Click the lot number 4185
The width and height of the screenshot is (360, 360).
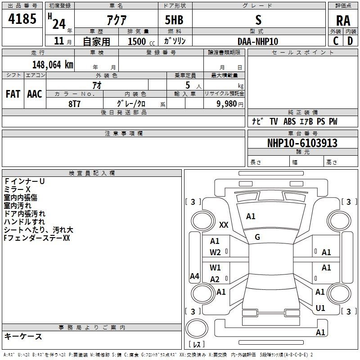[22, 19]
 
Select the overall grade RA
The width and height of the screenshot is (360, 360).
[343, 21]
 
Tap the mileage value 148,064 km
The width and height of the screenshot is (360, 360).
[53, 65]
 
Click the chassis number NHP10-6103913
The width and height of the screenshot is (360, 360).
[302, 143]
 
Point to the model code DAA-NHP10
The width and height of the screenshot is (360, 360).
[258, 41]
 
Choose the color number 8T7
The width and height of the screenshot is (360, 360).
[74, 104]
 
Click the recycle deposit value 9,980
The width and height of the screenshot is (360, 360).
[227, 103]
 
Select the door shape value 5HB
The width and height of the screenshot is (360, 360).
[174, 20]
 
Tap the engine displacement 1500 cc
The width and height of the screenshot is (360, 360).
[141, 41]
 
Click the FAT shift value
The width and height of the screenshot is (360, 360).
[13, 94]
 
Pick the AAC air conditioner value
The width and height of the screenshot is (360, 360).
[35, 94]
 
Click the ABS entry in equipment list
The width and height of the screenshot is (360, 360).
[289, 121]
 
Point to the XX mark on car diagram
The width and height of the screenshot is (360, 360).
[224, 225]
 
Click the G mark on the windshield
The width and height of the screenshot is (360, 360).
[257, 237]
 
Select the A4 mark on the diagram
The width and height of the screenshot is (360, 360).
[194, 276]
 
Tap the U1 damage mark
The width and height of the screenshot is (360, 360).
[320, 308]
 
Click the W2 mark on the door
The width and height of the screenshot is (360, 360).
[215, 252]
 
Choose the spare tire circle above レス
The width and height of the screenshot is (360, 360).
[197, 328]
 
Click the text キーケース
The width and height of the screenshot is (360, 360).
[23, 336]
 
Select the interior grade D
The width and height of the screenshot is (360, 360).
[350, 41]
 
